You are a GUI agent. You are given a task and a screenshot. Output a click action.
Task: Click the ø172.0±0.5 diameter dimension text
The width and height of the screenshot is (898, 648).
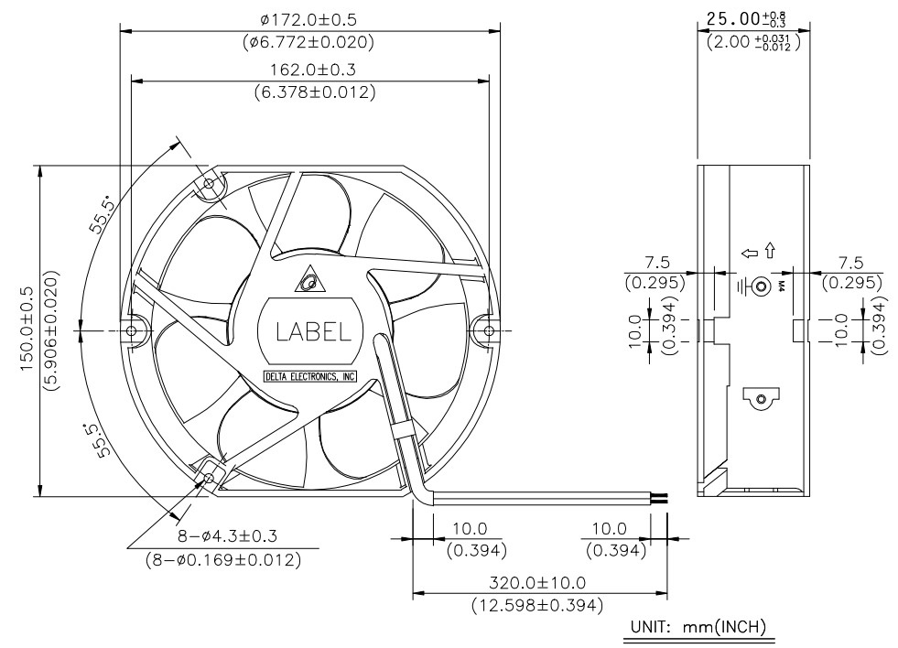click(x=308, y=20)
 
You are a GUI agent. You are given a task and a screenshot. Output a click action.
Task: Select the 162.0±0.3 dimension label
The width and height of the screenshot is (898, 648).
click(x=313, y=70)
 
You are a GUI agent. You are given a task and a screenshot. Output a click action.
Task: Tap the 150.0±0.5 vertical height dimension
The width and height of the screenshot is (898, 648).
click(x=27, y=330)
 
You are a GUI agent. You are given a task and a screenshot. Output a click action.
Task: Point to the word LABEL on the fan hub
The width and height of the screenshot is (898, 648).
click(x=313, y=331)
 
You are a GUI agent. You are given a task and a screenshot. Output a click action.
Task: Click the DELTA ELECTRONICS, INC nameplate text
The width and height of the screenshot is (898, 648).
click(x=310, y=377)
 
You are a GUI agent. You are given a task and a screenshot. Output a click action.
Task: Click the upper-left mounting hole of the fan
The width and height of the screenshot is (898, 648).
click(x=209, y=184)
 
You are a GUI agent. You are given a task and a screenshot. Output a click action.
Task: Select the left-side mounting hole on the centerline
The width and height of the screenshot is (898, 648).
click(x=131, y=330)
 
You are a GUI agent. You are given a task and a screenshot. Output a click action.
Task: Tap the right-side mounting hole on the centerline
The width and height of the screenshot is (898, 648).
click(x=489, y=330)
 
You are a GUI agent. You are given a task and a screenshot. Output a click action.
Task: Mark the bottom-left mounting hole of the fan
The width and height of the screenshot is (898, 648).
click(x=209, y=478)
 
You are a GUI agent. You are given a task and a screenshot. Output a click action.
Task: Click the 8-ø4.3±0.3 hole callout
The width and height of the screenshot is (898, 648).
click(x=227, y=536)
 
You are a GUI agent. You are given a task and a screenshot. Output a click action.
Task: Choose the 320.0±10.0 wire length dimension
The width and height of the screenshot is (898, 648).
click(x=537, y=583)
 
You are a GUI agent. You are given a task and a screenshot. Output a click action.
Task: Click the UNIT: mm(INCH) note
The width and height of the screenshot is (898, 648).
click(x=698, y=627)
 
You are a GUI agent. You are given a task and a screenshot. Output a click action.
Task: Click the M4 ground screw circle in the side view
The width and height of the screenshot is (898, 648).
click(x=761, y=285)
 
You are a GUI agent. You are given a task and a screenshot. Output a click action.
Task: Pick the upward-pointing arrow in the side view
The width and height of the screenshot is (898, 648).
click(x=770, y=251)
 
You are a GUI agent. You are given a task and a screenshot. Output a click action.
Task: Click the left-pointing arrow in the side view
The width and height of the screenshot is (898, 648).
click(x=749, y=253)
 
